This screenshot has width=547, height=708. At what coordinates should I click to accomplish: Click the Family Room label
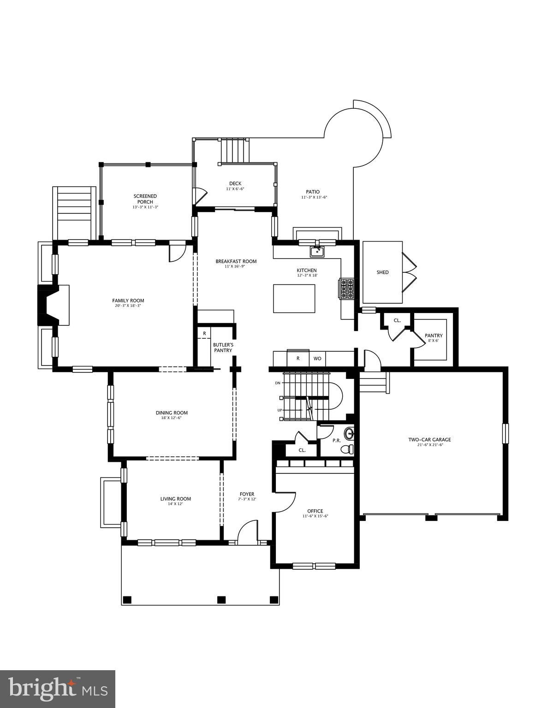click(x=128, y=301)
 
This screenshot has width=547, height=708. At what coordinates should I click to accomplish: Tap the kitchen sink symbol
click(x=317, y=251)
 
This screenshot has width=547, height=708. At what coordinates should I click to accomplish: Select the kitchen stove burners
click(x=347, y=289)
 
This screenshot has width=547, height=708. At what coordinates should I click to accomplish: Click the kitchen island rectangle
click(x=294, y=298)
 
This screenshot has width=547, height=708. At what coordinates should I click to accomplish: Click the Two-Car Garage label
click(x=429, y=439)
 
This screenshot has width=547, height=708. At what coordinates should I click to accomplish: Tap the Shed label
click(x=382, y=272)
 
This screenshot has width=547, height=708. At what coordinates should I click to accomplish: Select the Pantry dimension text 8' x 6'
click(x=433, y=341)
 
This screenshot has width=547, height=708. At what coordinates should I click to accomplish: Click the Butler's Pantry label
click(x=223, y=348)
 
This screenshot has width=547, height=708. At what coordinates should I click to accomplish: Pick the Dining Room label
click(x=172, y=413)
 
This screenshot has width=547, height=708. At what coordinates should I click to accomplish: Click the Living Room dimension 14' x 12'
click(x=175, y=504)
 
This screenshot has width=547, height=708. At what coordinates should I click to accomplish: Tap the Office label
click(x=315, y=511)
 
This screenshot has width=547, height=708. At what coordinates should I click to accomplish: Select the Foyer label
click(x=247, y=494)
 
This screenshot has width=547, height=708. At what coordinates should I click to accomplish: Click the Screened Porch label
click(x=145, y=199)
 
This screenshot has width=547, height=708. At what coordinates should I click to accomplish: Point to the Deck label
click(x=235, y=183)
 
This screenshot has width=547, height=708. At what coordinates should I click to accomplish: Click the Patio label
click(x=312, y=192)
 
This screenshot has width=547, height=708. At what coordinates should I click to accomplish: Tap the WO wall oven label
click(x=317, y=358)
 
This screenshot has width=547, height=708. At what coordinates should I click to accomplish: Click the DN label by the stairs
click(x=278, y=383)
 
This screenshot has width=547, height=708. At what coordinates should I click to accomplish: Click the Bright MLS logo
click(x=58, y=689)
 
